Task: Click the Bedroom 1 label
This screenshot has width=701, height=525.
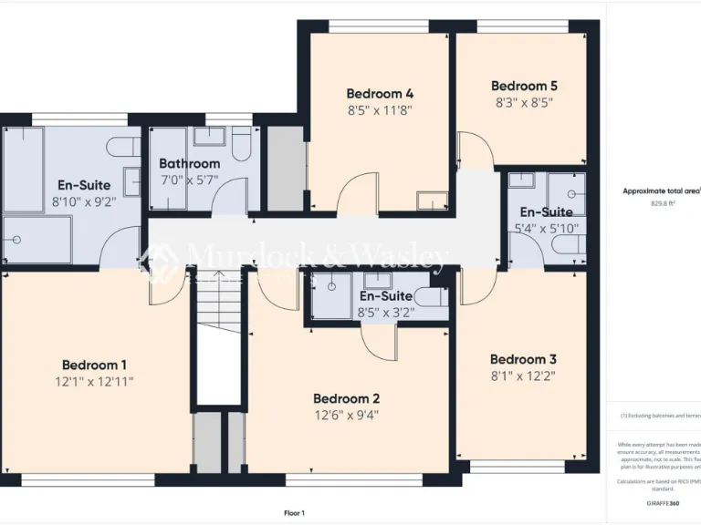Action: point(94,365)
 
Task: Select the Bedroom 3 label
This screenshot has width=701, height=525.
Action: point(523,358)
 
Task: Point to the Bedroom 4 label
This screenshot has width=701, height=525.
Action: point(380,93)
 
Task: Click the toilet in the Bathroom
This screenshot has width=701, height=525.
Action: point(242,146)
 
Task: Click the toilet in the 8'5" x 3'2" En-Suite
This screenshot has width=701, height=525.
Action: point(428,296)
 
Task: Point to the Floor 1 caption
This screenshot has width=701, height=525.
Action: point(294,513)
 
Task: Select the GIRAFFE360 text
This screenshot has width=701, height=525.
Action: point(662,503)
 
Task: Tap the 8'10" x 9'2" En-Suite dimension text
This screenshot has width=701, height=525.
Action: point(84,201)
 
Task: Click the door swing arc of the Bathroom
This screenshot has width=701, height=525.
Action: point(233,193)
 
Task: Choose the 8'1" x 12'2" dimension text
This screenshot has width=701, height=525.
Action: point(523,375)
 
